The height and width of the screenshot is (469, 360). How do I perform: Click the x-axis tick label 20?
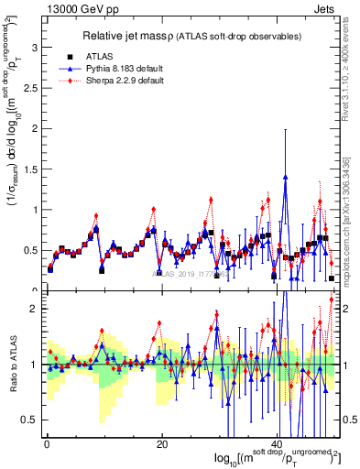click(x=162, y=444)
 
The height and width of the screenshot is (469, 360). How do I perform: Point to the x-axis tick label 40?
click(x=279, y=444)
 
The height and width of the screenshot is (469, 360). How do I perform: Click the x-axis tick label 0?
click(x=46, y=444)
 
